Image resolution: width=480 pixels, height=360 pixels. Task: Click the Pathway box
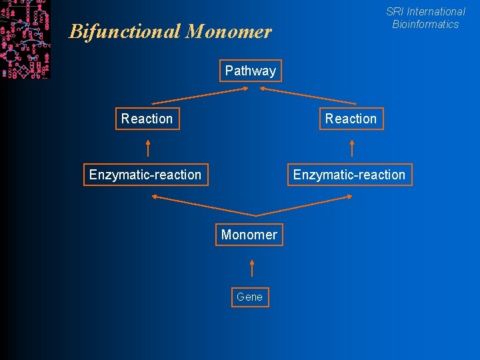pyautogui.click(x=251, y=71)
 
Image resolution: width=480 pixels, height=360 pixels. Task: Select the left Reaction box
pyautogui.click(x=147, y=119)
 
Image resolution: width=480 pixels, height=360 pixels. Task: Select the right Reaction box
pyautogui.click(x=351, y=119)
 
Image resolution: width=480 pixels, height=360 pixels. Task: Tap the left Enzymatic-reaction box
pyautogui.click(x=145, y=175)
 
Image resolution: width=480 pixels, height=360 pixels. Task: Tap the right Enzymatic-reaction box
pyautogui.click(x=349, y=175)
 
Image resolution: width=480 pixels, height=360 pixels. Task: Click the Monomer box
pyautogui.click(x=249, y=235)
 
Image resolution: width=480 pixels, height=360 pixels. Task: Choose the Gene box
pyautogui.click(x=250, y=297)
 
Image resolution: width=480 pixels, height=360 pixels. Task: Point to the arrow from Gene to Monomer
pyautogui.click(x=251, y=268)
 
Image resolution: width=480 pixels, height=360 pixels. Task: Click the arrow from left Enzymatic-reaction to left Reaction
pyautogui.click(x=148, y=147)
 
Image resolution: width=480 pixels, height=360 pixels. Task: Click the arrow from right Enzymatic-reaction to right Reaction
pyautogui.click(x=351, y=147)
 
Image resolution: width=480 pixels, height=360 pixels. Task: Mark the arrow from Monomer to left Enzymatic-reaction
pyautogui.click(x=203, y=205)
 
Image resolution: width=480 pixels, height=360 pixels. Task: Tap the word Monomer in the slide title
pyautogui.click(x=229, y=31)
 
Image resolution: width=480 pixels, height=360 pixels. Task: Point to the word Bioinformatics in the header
pyautogui.click(x=425, y=24)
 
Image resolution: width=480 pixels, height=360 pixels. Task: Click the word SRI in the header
pyautogui.click(x=395, y=11)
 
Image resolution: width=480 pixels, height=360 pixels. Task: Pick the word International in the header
pyautogui.click(x=436, y=11)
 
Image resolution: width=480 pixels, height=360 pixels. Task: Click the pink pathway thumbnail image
pyautogui.click(x=25, y=39)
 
